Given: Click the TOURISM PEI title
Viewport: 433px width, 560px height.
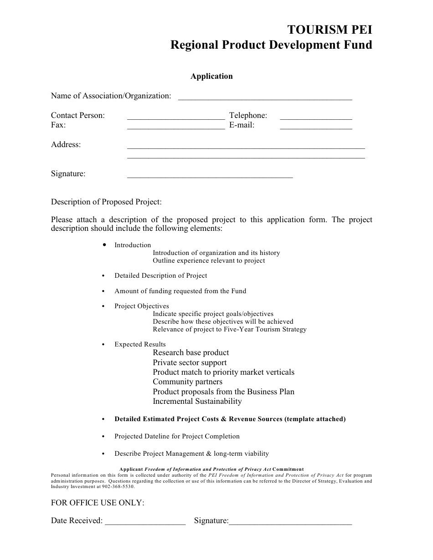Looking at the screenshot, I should pos(329,30).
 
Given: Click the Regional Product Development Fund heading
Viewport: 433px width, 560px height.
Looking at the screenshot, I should pos(271,45).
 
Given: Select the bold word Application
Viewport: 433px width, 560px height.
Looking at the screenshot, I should pos(211,76).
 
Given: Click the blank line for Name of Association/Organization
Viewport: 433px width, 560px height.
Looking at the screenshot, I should pos(264,97).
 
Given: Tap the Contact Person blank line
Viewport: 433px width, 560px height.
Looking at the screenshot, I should pos(175,117).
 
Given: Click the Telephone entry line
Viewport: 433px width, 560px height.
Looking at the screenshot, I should pos(315,117).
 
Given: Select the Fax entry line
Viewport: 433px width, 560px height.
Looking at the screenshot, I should pos(175,127).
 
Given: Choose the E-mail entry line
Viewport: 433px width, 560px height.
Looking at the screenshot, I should pos(315,127).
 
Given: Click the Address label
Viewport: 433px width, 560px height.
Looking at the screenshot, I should pos(66,145).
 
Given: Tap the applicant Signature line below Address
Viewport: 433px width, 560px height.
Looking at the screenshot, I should pos(210,175).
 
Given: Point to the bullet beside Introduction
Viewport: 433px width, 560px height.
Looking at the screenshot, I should pos(104,245).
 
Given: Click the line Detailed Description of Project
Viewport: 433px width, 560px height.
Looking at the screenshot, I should pos(160,276).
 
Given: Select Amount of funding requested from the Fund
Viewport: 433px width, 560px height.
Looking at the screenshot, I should pos(180,291).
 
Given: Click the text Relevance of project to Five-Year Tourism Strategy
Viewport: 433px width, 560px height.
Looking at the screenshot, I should pos(229,330).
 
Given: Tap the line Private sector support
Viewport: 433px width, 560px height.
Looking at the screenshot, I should pos(190,363).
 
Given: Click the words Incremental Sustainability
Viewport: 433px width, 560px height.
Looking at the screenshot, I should pos(197,402).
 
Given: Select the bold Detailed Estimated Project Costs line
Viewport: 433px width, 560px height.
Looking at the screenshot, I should pos(230,419).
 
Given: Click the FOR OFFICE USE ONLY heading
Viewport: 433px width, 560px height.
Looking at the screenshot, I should pos(98,503).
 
